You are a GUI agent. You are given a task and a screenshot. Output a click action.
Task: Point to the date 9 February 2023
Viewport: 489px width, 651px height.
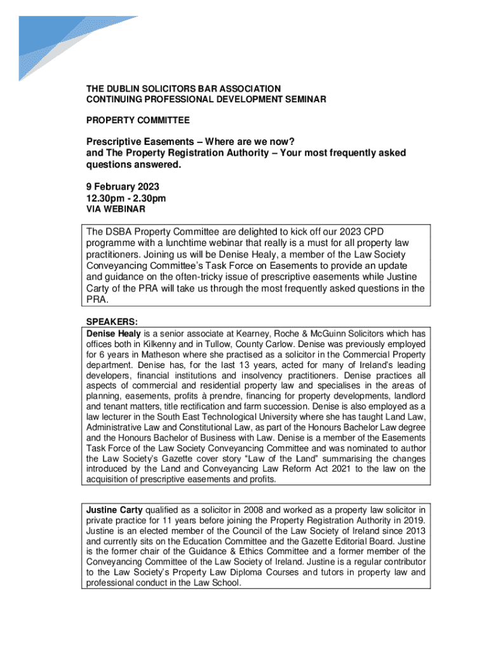(x=123, y=187)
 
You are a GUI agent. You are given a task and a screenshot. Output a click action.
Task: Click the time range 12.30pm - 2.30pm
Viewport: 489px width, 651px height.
(x=126, y=198)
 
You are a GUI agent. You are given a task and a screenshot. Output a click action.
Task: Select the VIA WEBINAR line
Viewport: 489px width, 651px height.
(x=116, y=209)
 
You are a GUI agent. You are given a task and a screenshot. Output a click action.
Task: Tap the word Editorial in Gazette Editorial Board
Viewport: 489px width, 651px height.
(x=363, y=540)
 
